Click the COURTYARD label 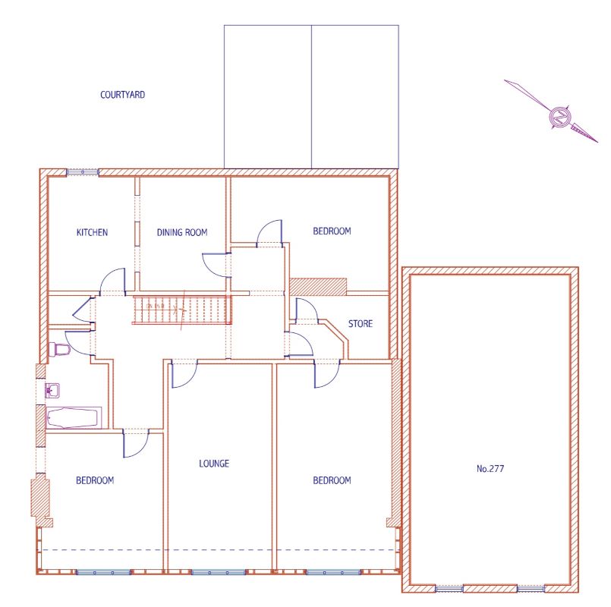(122, 96)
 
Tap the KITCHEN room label (92, 232)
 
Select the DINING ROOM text (181, 232)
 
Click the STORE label (360, 324)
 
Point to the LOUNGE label (213, 464)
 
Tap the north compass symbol (559, 117)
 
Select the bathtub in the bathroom (73, 417)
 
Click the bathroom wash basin (52, 391)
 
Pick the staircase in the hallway (182, 310)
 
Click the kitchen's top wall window (82, 172)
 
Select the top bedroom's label (332, 231)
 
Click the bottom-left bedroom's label (95, 480)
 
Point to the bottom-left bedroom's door (135, 445)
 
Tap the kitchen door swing (113, 281)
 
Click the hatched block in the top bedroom (317, 286)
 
